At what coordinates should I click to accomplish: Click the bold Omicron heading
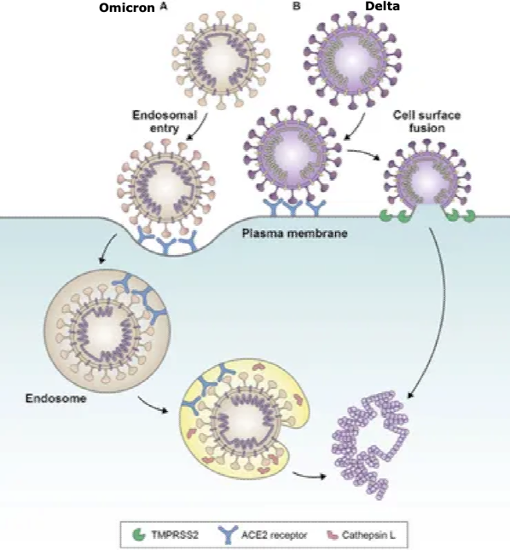pyautogui.click(x=126, y=8)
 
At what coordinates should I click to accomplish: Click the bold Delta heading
pyautogui.click(x=382, y=6)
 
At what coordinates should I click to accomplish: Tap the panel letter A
pyautogui.click(x=164, y=7)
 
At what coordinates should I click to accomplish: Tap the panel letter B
pyautogui.click(x=297, y=6)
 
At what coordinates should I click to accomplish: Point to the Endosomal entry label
pyautogui.click(x=165, y=121)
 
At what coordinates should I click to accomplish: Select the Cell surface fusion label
pyautogui.click(x=427, y=121)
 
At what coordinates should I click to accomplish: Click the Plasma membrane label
pyautogui.click(x=294, y=234)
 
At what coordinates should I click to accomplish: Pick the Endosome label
pyautogui.click(x=55, y=398)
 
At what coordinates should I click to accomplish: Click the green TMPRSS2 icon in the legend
pyautogui.click(x=139, y=535)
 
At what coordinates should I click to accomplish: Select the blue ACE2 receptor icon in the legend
pyautogui.click(x=228, y=535)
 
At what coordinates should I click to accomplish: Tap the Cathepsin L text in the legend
pyautogui.click(x=368, y=536)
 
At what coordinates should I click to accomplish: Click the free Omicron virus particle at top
pyautogui.click(x=221, y=60)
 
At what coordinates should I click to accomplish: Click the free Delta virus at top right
pyautogui.click(x=352, y=60)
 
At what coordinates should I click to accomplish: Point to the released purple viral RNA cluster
pyautogui.click(x=370, y=445)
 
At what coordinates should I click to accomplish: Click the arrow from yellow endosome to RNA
pyautogui.click(x=309, y=475)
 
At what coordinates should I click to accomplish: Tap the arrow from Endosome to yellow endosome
pyautogui.click(x=152, y=405)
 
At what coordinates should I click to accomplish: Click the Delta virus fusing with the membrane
pyautogui.click(x=427, y=179)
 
